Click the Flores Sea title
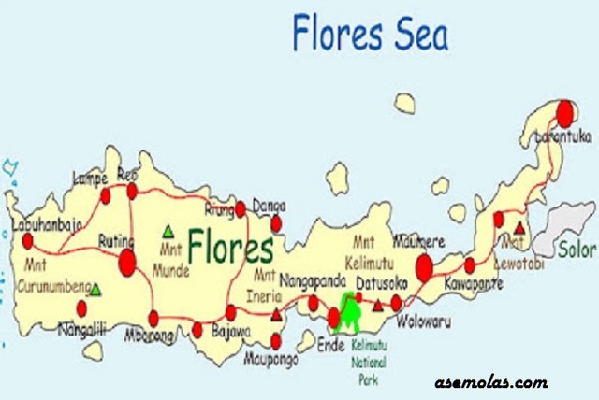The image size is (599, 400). [371, 33]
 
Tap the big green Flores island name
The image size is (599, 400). [230, 247]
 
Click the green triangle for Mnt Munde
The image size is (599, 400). [168, 230]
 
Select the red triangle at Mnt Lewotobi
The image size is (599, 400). [519, 227]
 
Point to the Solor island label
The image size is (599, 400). [577, 250]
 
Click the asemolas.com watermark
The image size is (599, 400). [491, 382]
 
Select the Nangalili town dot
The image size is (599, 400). [81, 307]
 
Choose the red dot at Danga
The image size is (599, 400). [276, 223]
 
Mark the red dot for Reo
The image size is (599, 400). [132, 191]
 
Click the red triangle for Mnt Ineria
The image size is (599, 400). [275, 315]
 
